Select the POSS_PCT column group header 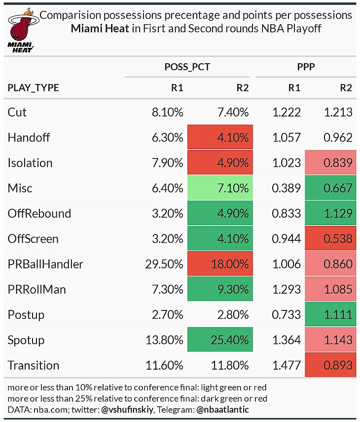point(187,67)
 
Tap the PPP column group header point(305,67)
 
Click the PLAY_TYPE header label point(33,88)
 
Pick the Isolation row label point(30,163)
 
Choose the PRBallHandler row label point(45,264)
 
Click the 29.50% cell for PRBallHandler point(165,264)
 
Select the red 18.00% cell point(220,264)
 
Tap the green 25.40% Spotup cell point(220,340)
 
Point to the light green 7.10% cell point(220,188)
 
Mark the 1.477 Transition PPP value point(287,365)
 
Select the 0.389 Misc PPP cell point(287,188)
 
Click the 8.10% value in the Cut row point(167,112)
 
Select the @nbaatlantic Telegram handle point(224,409)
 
